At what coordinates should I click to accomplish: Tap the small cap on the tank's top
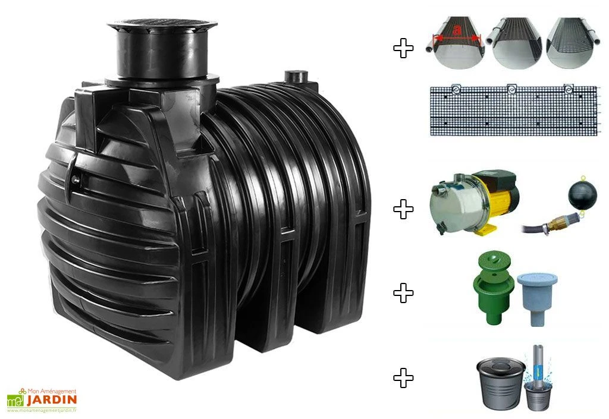click(294, 76)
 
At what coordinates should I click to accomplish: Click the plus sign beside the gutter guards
click(403, 48)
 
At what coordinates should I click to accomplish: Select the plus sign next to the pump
click(403, 209)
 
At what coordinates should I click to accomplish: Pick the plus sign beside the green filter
click(403, 292)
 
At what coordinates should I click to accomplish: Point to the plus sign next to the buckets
click(403, 377)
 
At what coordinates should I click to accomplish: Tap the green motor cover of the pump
click(502, 178)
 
